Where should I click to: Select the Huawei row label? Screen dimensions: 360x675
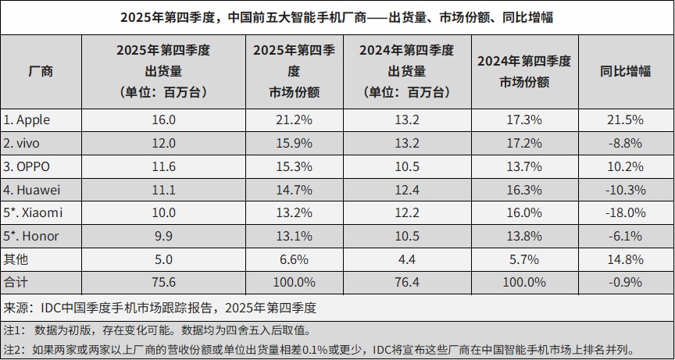(x=32, y=188)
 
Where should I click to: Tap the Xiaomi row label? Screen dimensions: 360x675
(x=33, y=212)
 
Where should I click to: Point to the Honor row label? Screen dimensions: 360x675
(x=30, y=235)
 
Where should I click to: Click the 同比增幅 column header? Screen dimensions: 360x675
(x=625, y=70)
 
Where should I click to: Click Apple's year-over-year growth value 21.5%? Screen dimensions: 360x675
(x=625, y=119)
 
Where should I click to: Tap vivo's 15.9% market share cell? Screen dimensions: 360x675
(x=293, y=143)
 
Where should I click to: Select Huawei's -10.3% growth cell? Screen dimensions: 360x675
(x=625, y=188)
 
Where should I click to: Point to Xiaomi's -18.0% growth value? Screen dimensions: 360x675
(x=625, y=212)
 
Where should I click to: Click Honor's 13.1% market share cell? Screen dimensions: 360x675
(x=293, y=235)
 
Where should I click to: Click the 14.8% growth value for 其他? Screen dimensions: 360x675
(x=625, y=258)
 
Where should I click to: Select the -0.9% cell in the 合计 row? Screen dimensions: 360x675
(x=625, y=281)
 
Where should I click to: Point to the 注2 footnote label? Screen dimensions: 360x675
(x=14, y=348)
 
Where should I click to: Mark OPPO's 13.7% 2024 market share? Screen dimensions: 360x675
(x=524, y=166)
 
